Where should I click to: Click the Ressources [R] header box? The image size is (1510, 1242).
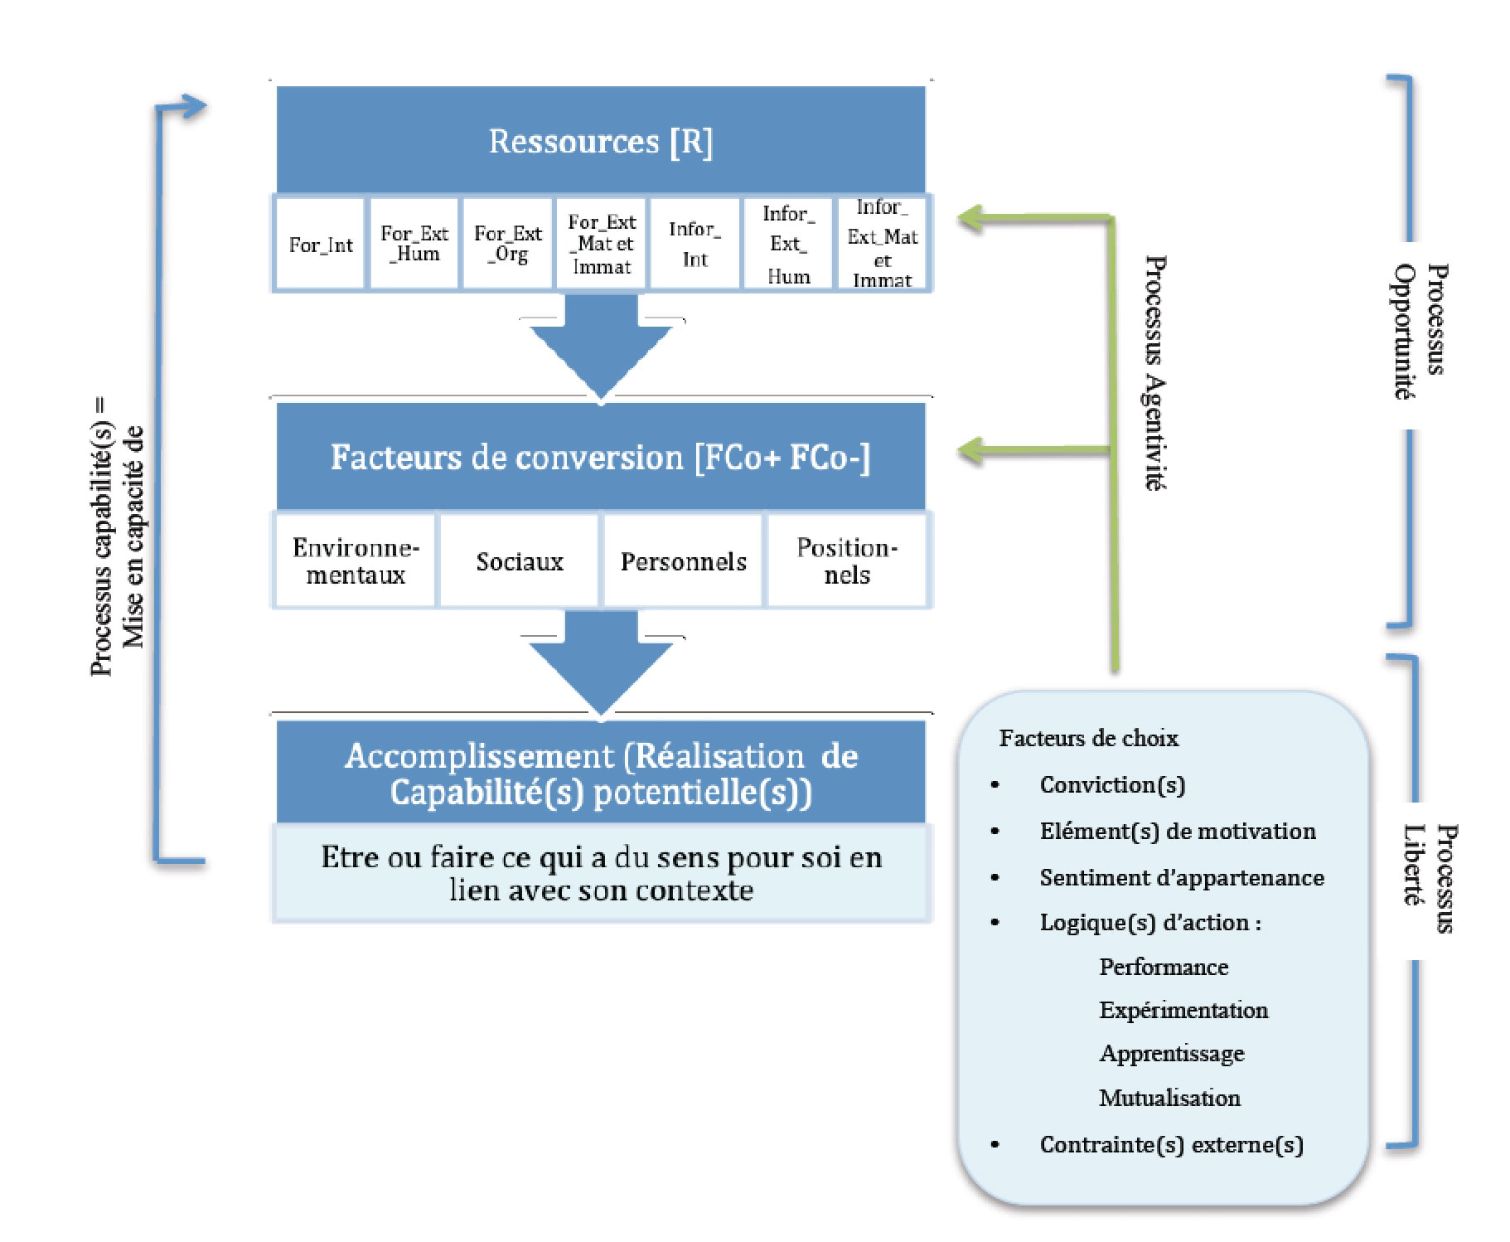600,140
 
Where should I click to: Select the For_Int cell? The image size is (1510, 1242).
320,245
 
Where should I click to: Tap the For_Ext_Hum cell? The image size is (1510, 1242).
414,244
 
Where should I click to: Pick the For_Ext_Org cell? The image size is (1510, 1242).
507,244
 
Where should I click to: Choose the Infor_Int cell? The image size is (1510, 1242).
695,244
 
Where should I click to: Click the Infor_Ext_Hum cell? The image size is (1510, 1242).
787,244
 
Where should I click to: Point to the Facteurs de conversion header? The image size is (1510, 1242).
600,457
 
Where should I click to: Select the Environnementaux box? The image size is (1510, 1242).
356,561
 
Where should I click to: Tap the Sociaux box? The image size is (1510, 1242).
519,561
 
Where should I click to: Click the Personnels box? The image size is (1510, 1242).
683,561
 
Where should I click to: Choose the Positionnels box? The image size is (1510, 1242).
846,561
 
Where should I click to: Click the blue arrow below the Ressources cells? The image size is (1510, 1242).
601,352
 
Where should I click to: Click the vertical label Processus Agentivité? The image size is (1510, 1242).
1154,373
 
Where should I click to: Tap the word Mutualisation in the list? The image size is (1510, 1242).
1169,1098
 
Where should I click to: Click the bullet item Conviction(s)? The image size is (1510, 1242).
1112,784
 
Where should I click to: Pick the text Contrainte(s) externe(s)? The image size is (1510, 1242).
1171,1144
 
